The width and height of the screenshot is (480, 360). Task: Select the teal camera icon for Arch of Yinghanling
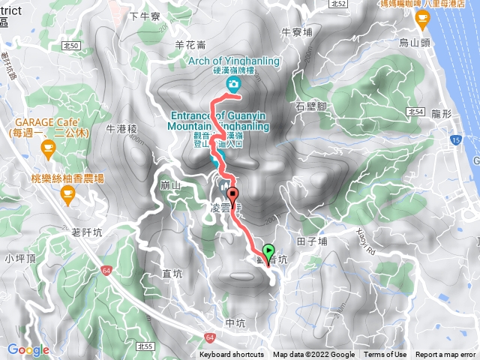coord(234,85)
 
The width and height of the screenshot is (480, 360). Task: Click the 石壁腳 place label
coord(310,106)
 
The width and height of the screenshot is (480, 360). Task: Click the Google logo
coord(28,349)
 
